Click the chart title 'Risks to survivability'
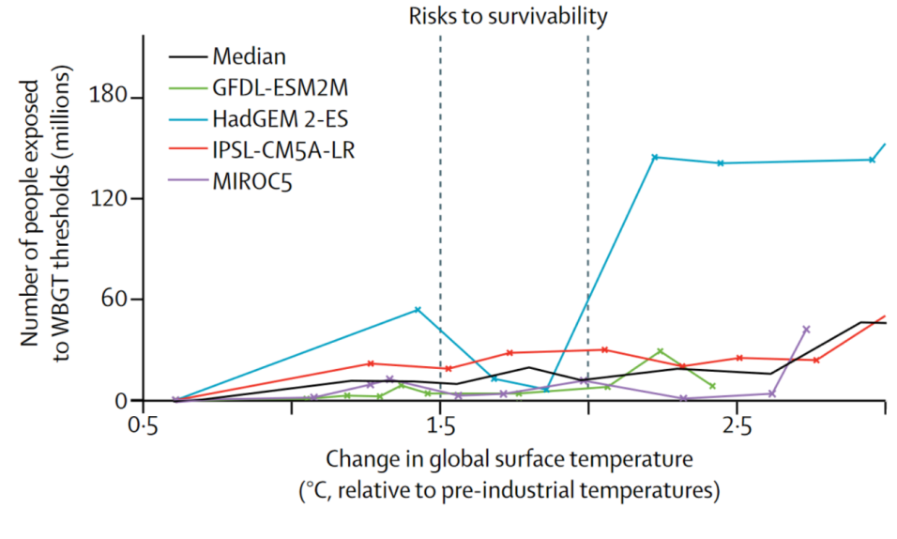[508, 16]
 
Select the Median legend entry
[249, 56]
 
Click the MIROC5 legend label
[252, 180]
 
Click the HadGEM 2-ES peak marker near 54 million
[418, 310]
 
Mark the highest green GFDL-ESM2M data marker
[661, 351]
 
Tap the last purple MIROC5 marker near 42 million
[806, 330]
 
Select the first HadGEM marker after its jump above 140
[655, 157]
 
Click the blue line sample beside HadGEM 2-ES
[187, 118]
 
